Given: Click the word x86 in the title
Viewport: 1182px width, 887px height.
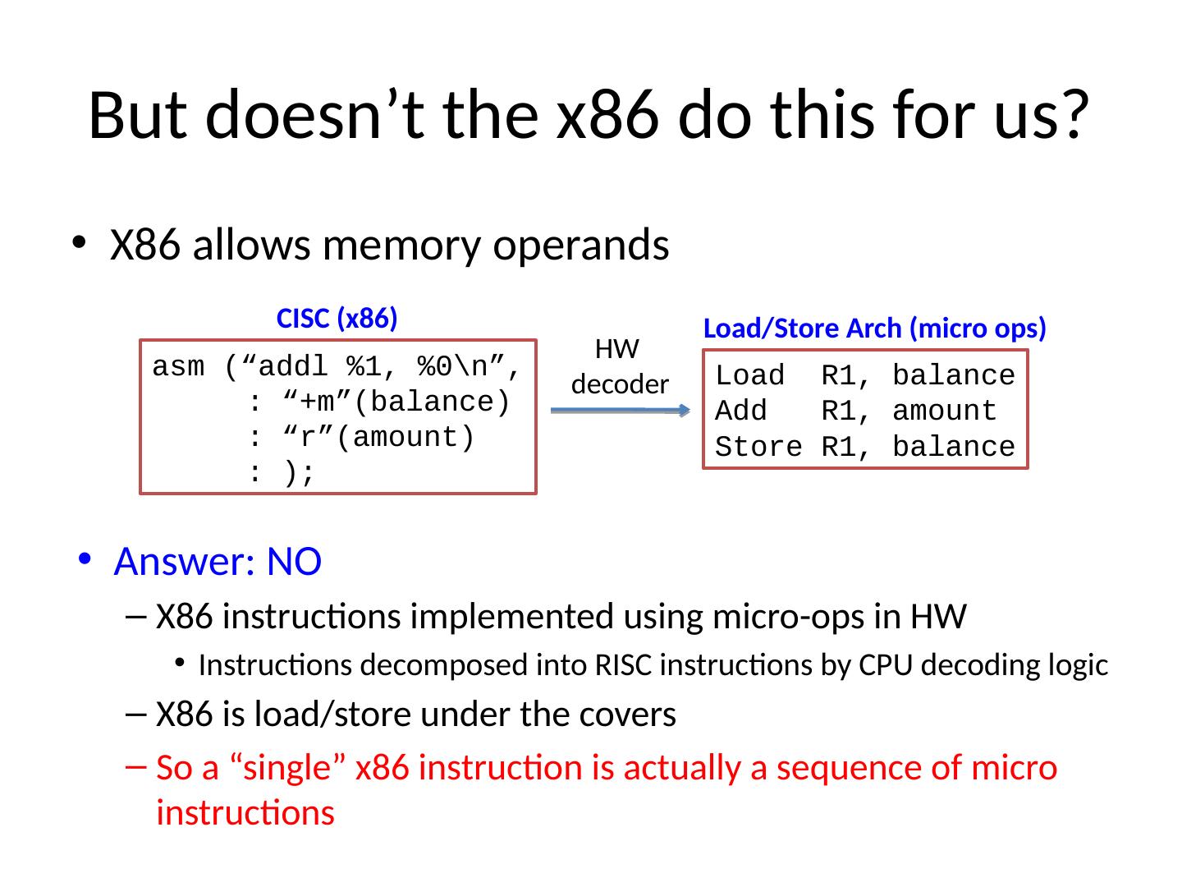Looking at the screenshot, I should [x=607, y=115].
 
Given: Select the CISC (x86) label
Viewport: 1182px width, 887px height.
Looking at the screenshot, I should [x=337, y=319].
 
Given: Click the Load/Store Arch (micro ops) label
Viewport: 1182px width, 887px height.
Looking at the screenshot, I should [x=875, y=329].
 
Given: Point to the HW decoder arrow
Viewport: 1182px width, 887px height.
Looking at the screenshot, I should [x=620, y=410].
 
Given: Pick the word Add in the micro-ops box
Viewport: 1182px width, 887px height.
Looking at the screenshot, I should [x=741, y=411].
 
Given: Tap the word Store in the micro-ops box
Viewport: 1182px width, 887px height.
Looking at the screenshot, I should [x=758, y=448].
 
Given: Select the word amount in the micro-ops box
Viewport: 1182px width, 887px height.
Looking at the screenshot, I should [x=944, y=411].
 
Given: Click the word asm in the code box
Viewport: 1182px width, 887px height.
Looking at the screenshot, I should [x=179, y=367].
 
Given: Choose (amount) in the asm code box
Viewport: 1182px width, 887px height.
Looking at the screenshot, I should [x=405, y=438].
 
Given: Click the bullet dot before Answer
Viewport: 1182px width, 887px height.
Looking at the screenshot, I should [x=85, y=559].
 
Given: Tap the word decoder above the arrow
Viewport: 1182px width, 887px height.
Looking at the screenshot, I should [x=620, y=384].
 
